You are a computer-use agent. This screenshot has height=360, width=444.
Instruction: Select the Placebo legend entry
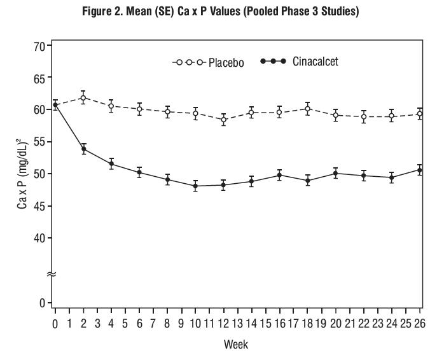(x=208, y=62)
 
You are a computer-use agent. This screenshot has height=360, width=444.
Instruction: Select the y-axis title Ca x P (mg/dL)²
(x=21, y=174)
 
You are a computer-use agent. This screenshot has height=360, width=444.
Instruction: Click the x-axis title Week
(x=236, y=344)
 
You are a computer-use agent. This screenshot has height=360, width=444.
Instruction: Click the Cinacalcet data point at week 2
(x=83, y=149)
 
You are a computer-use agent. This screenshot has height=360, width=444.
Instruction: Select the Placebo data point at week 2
(x=83, y=97)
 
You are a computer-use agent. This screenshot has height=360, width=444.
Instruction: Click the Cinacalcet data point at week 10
(x=195, y=186)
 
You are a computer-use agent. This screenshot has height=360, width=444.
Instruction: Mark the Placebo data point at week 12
(x=223, y=120)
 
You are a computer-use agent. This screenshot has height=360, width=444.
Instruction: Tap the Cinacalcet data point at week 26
(x=420, y=170)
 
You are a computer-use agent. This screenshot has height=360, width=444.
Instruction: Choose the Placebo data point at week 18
(x=308, y=109)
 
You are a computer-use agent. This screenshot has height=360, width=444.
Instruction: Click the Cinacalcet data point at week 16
(x=280, y=175)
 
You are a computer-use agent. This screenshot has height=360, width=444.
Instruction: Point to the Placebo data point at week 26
(x=420, y=114)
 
